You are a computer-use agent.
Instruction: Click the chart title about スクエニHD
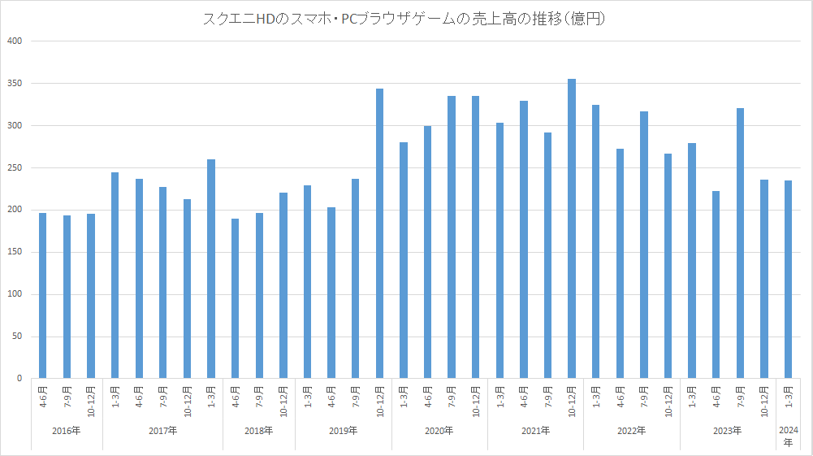click(x=406, y=18)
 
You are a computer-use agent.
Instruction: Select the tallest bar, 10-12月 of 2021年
click(x=572, y=228)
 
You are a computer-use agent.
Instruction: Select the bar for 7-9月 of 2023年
click(x=740, y=243)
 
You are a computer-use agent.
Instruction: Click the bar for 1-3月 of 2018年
click(x=211, y=269)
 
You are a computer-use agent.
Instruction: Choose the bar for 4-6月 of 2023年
click(x=716, y=284)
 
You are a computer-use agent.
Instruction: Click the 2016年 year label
click(x=67, y=431)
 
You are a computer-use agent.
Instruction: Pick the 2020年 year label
click(x=439, y=431)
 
